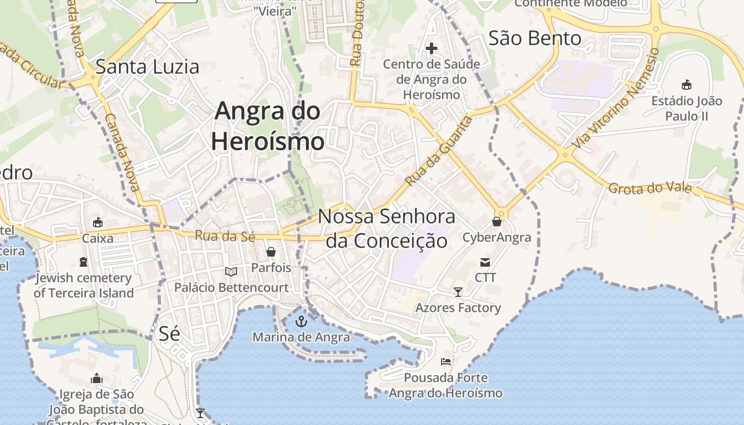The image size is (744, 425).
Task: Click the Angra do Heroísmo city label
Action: coord(267,126)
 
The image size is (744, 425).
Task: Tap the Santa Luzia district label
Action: coord(147,67)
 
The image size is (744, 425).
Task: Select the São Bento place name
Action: coord(535,38)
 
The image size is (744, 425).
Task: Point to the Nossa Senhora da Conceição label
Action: coord(387,229)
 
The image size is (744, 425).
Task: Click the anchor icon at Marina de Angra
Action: coord(301,321)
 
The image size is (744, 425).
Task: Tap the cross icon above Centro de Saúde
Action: coord(432,49)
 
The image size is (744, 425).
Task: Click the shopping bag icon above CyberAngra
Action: coord(497,222)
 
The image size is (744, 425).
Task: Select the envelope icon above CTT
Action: coord(485,262)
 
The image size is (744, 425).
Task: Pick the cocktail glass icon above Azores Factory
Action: coord(458,292)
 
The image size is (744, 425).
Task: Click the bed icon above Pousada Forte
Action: coord(446,362)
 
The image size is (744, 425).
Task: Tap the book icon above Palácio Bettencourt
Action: coord(231,272)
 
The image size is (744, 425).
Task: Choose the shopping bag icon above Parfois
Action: coord(271,252)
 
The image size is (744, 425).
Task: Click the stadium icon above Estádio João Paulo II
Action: coord(687,84)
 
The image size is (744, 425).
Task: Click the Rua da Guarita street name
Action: coord(439,151)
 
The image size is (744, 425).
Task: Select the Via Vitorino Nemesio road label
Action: coord(616,99)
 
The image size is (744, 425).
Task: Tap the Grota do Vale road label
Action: coord(650,188)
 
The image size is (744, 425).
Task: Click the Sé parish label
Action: coord(169,334)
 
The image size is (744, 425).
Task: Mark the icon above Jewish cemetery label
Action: coord(83,262)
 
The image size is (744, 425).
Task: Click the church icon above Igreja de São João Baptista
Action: coord(97,378)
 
